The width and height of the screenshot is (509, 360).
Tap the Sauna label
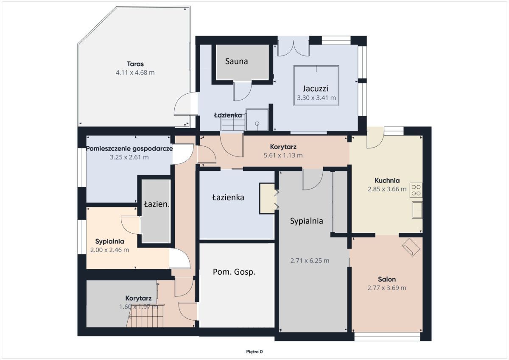point(237,61)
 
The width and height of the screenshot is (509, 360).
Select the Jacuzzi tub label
point(316,89)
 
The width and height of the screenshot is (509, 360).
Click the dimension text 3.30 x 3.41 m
point(316,98)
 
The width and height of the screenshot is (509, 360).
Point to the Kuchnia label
point(387,180)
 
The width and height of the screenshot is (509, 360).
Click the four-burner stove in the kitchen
point(416,190)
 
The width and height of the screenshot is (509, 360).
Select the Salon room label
point(387,279)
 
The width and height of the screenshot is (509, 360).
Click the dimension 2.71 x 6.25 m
point(310,261)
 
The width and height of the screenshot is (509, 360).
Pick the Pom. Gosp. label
point(234,272)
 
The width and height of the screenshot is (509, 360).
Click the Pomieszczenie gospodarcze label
point(129,149)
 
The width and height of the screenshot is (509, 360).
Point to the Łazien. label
point(157,204)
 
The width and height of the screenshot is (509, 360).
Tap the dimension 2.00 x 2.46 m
point(109,250)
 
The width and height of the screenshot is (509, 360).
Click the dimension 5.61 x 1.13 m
point(283,155)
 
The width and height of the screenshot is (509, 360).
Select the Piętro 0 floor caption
point(255,352)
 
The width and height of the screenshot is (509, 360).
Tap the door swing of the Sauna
point(242,91)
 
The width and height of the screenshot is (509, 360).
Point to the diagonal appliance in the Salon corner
point(411,246)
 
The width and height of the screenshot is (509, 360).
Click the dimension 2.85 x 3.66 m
point(387,189)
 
